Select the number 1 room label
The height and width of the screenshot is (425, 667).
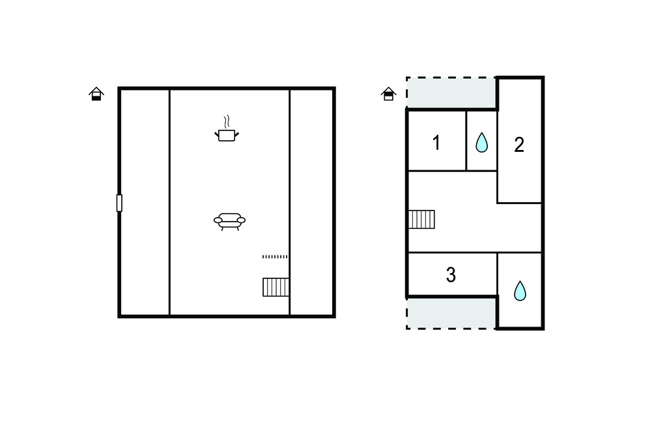click(x=436, y=143)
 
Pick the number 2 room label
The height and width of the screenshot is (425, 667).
click(x=519, y=145)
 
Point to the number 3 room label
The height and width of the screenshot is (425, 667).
click(x=451, y=274)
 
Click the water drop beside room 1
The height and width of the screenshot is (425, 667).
click(x=481, y=142)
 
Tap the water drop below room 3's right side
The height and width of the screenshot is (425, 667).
click(x=520, y=291)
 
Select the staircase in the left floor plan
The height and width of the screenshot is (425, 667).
click(x=276, y=287)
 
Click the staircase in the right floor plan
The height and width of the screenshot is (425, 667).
click(x=421, y=219)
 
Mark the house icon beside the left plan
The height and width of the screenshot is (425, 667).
click(x=96, y=94)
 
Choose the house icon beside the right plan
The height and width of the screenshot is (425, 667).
click(x=388, y=94)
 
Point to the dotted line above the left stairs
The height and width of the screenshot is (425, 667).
click(x=275, y=257)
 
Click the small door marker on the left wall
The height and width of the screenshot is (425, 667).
click(x=119, y=203)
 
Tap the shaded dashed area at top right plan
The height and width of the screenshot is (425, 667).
click(x=451, y=93)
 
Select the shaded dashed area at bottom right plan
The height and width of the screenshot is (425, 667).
click(x=451, y=313)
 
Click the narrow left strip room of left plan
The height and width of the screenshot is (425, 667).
click(x=145, y=202)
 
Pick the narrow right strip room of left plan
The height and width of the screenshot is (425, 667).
click(x=312, y=202)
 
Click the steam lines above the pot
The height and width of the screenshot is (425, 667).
click(x=227, y=121)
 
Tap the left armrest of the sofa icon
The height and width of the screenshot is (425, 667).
click(x=218, y=220)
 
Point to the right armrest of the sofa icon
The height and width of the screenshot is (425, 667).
click(x=241, y=220)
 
